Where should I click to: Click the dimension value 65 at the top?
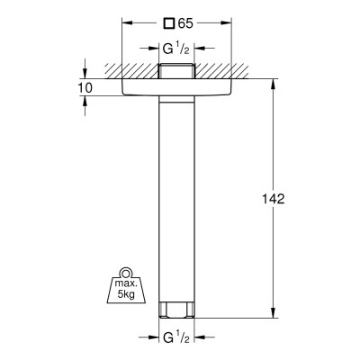pyautogui.click(x=185, y=23)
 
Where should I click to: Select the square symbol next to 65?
pyautogui.click(x=168, y=23)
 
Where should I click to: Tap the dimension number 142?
pyautogui.click(x=274, y=199)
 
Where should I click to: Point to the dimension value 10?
pyautogui.click(x=85, y=88)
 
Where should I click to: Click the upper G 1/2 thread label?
pyautogui.click(x=176, y=49)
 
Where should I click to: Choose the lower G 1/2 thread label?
pyautogui.click(x=176, y=337)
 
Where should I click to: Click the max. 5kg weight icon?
pyautogui.click(x=126, y=285)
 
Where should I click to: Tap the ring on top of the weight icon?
pyautogui.click(x=126, y=273)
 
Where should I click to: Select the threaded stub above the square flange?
pyautogui.click(x=176, y=71)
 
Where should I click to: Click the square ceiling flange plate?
pyautogui.click(x=176, y=87)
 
